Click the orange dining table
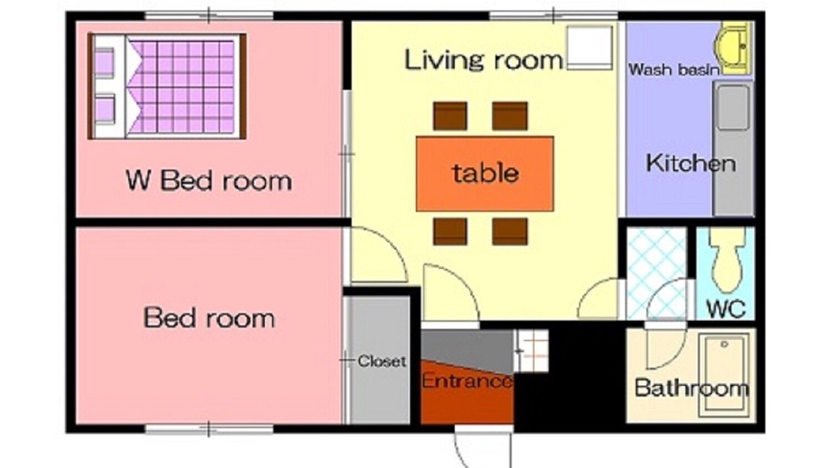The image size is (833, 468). point(485,174)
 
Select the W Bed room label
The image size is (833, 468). point(209,181)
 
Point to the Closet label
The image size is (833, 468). point(381,361)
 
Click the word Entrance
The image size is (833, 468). point(467,381)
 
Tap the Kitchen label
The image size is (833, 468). point(691,163)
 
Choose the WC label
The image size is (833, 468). point(726,309)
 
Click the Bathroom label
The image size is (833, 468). point(691,388)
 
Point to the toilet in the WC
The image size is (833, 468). point(727,260)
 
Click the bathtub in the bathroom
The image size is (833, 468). point(724,375)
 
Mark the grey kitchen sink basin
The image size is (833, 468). point(733,108)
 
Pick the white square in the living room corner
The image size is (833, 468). point(590,47)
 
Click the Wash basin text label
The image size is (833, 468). point(674,70)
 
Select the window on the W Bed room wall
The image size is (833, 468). point(209,16)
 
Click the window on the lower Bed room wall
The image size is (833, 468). point(209,429)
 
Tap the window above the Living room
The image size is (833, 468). point(553,16)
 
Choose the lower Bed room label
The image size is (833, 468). point(209,318)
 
